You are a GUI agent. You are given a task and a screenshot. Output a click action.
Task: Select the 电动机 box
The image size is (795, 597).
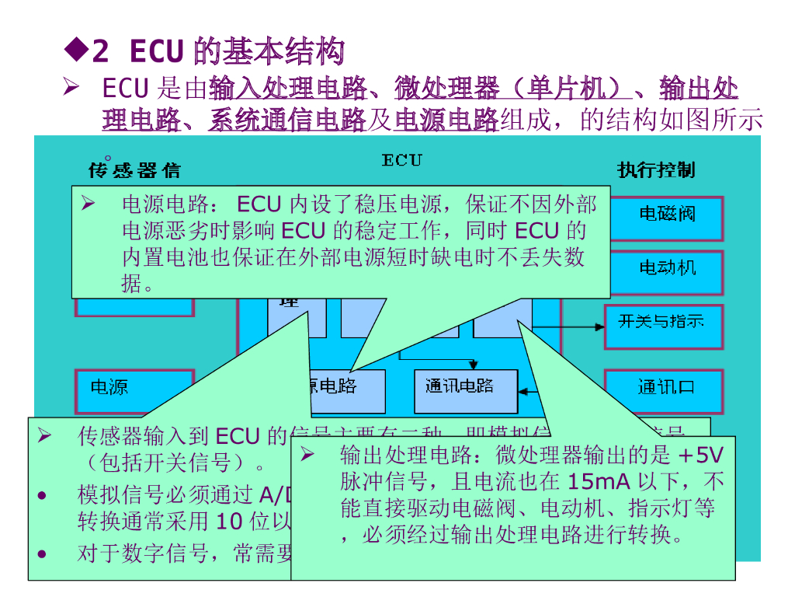point(667,269)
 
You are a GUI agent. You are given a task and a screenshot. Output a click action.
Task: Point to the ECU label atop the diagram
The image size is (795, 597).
point(401,160)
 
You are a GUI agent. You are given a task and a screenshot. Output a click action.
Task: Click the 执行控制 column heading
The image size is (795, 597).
point(656,169)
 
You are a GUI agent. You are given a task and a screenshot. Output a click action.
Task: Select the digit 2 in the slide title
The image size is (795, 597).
point(100,53)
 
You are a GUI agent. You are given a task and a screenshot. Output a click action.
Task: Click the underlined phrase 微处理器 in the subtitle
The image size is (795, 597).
point(447,89)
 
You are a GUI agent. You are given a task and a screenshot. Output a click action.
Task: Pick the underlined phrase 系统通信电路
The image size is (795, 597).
point(286,120)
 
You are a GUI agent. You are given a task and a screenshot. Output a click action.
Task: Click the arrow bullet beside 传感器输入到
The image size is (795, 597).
point(45,436)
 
